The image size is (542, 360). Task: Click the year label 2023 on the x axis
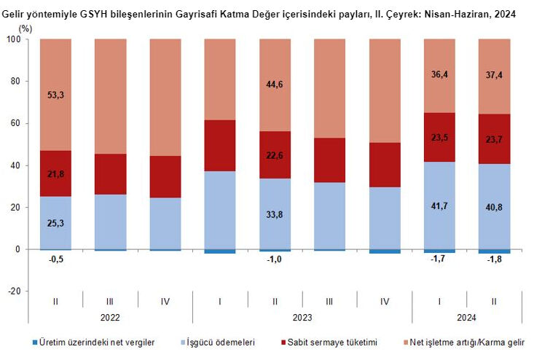[x=302, y=317]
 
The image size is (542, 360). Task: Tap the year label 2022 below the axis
[x=110, y=317]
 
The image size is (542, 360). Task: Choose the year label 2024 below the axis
[x=467, y=317]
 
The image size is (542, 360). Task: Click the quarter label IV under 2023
[x=385, y=300]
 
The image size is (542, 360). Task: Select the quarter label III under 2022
[x=110, y=300]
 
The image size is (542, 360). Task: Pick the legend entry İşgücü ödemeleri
[x=219, y=342]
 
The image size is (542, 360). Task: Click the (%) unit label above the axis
[x=25, y=28]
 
